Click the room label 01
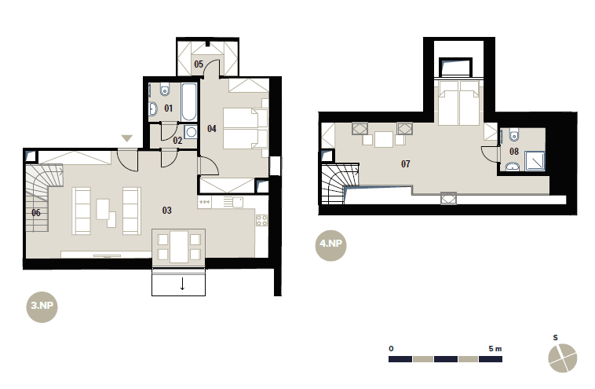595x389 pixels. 169,108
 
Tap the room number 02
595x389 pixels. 177,141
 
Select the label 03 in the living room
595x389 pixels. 167,210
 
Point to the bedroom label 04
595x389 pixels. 212,129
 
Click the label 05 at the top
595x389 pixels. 199,64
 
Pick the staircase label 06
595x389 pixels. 36,213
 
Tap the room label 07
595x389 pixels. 406,163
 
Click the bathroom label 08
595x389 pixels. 514,152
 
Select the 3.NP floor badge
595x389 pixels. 42,306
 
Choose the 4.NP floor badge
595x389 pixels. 331,244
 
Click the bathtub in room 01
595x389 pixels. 189,101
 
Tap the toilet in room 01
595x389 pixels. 165,90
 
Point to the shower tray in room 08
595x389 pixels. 535,161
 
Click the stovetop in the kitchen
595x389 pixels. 261,220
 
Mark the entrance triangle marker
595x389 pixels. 126,138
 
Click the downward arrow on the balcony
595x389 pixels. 183,284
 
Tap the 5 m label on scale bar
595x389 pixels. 495,348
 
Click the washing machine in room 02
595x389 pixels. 191,132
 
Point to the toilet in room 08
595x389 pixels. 514,135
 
